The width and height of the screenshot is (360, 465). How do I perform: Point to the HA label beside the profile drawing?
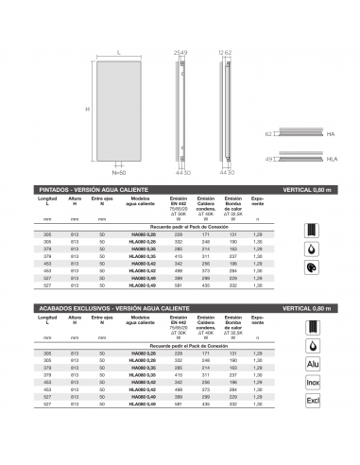point(332,135)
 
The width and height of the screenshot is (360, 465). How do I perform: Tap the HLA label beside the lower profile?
point(332,160)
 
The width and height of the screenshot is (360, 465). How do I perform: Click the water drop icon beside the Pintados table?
point(313,249)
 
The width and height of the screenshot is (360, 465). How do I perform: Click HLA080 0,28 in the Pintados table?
point(144,241)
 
